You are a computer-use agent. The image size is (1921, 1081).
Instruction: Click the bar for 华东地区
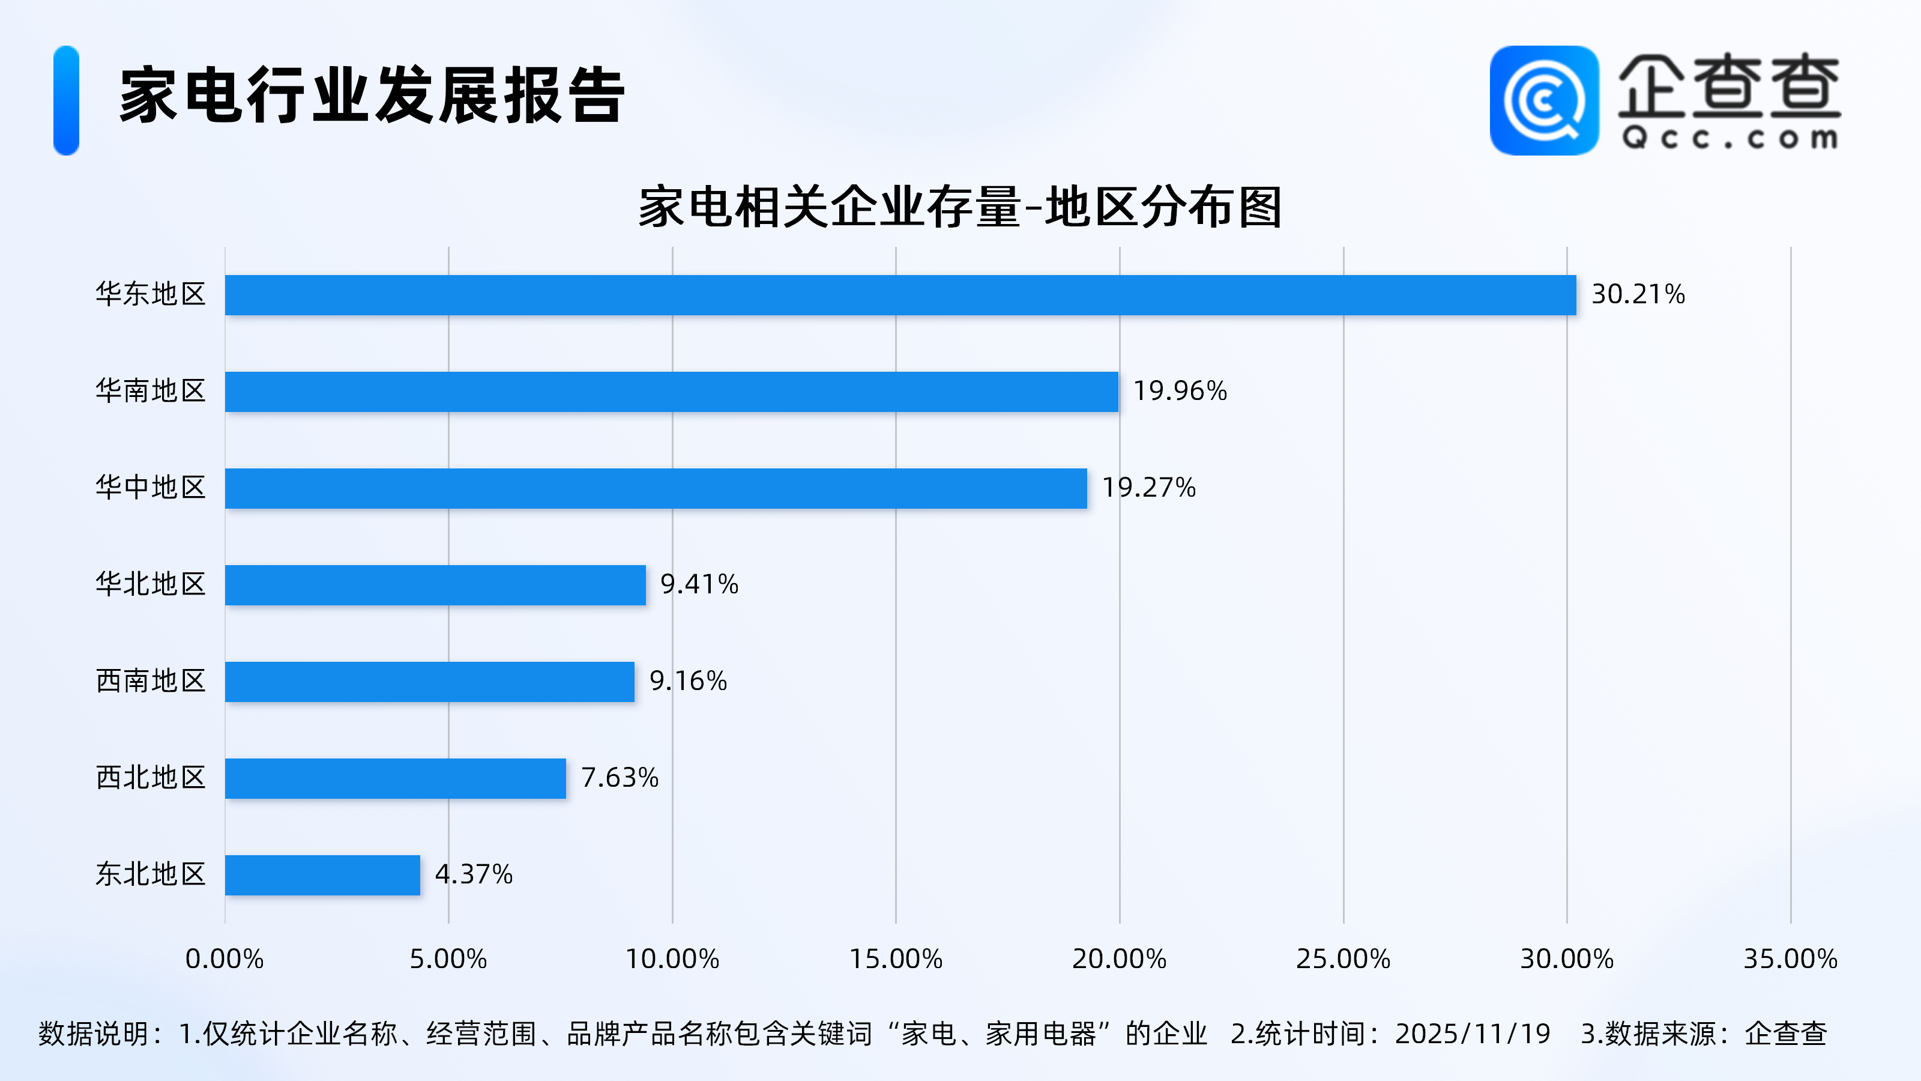[x=900, y=295]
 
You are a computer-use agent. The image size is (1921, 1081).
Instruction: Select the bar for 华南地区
[x=671, y=392]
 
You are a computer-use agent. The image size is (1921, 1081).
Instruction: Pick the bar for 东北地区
[x=322, y=874]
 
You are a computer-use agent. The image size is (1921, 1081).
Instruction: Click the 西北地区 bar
[x=395, y=778]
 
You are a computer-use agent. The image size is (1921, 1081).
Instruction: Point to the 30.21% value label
[x=1638, y=295]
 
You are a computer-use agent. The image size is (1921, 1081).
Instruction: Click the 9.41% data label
[x=699, y=584]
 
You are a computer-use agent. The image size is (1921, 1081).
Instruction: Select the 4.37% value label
[x=474, y=874]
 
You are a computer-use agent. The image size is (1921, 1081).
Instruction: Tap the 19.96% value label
[x=1180, y=391]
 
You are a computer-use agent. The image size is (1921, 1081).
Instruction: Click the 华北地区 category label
[x=151, y=584]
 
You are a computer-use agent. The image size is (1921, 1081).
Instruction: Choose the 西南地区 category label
[x=151, y=681]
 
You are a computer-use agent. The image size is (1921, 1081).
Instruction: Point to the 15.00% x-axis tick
[x=896, y=958]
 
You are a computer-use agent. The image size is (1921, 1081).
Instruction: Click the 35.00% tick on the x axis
[x=1790, y=958]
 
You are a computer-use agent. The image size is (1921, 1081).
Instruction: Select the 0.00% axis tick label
[x=225, y=958]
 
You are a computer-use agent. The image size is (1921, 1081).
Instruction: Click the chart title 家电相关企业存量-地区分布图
[x=960, y=207]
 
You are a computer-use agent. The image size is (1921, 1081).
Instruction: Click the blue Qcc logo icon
[x=1543, y=101]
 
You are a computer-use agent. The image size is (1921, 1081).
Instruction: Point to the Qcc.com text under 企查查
[x=1730, y=139]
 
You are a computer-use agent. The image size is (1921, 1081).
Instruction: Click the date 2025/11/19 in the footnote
[x=1472, y=1034]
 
